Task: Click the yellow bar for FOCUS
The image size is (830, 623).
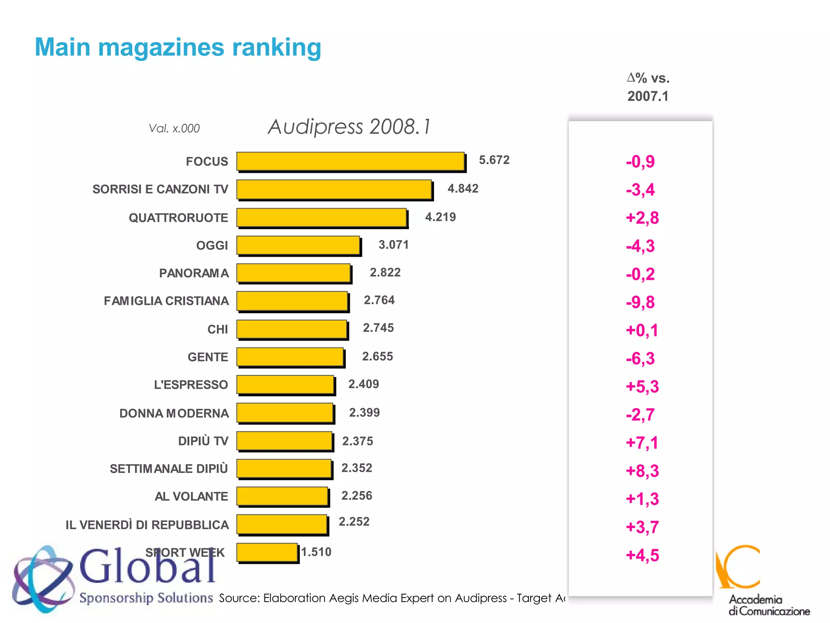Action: click(x=350, y=161)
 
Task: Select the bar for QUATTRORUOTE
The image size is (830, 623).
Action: click(x=321, y=217)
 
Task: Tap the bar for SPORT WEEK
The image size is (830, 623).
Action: click(x=267, y=552)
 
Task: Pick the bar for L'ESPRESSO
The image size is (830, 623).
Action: click(x=285, y=385)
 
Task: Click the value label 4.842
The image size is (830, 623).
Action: click(x=463, y=189)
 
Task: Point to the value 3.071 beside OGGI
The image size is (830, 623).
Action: click(x=394, y=245)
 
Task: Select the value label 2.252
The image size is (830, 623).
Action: click(x=354, y=522)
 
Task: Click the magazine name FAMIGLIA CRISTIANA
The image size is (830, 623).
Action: click(x=166, y=301)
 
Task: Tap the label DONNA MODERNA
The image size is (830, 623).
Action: click(x=174, y=413)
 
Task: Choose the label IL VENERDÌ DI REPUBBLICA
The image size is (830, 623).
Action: click(x=147, y=525)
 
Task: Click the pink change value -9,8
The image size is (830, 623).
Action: click(x=640, y=302)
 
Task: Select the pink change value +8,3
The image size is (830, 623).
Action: click(x=642, y=471)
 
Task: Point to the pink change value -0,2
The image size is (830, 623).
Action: click(x=640, y=274)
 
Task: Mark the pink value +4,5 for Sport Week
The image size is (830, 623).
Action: click(x=642, y=555)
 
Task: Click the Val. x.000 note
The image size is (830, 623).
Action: click(x=174, y=129)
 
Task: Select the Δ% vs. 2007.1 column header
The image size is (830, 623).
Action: click(x=648, y=87)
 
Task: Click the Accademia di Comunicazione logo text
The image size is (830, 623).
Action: click(x=769, y=605)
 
